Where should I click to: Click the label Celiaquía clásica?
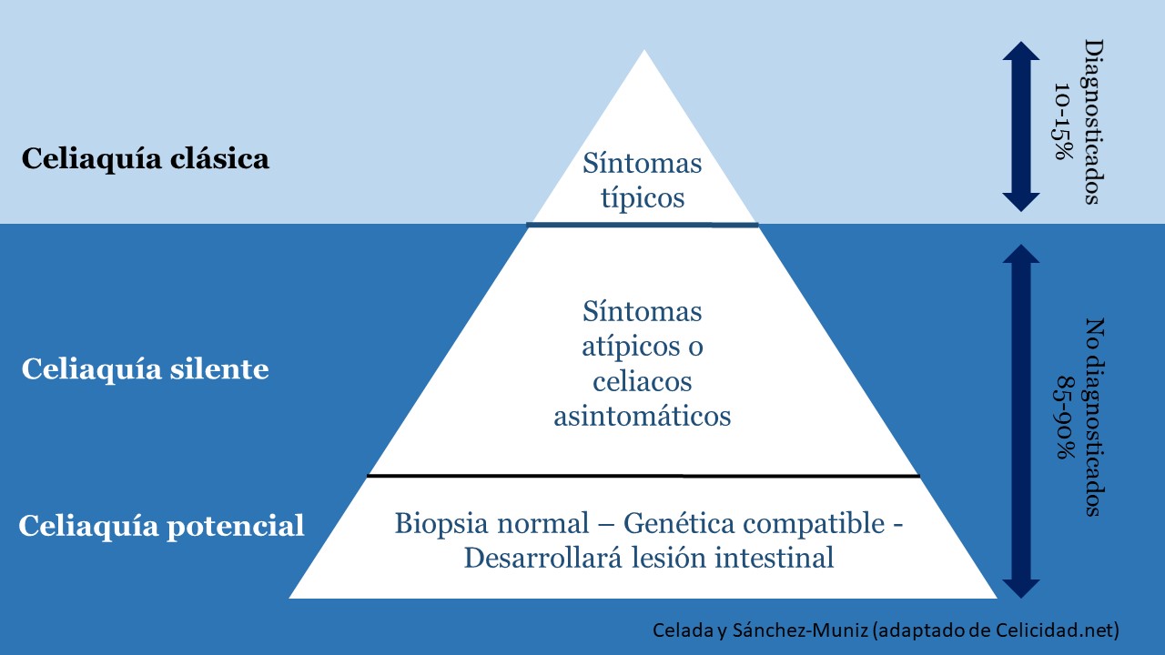(145, 159)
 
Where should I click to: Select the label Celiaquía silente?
(145, 370)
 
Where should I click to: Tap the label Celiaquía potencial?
(161, 526)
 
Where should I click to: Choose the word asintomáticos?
(643, 416)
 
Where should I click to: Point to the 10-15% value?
(1063, 122)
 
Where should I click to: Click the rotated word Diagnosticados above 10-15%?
(1093, 122)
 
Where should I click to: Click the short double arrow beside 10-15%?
(1020, 126)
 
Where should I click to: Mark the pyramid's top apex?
(644, 53)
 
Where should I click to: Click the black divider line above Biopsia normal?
(643, 476)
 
